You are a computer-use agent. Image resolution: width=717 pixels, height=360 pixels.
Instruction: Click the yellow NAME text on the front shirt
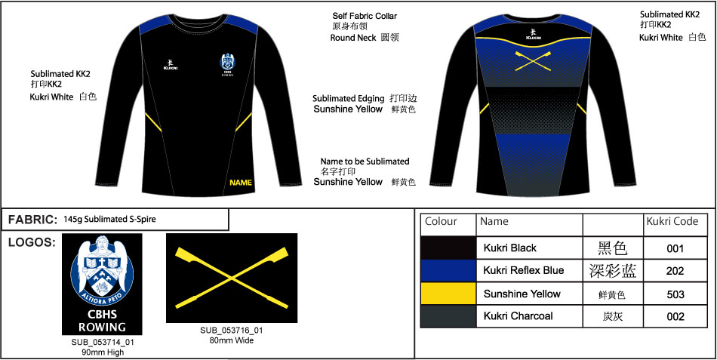[x=241, y=183]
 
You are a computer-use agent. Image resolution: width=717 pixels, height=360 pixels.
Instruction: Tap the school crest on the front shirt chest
[x=228, y=64]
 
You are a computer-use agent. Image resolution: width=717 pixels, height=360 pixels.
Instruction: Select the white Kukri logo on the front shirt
[x=170, y=64]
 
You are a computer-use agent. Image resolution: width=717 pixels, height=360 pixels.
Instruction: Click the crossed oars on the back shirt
[x=533, y=61]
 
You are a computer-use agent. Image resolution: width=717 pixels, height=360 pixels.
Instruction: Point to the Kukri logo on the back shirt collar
[x=533, y=33]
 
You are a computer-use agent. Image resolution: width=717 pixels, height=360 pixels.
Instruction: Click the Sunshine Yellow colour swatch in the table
[x=448, y=294]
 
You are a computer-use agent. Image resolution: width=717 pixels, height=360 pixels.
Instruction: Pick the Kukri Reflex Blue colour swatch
[x=448, y=271]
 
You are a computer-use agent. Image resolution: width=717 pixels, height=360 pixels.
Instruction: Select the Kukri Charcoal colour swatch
[x=448, y=316]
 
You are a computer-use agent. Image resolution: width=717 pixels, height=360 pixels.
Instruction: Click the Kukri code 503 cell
[x=675, y=294]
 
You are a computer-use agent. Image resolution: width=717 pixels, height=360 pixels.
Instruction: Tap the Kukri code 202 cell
[x=675, y=271]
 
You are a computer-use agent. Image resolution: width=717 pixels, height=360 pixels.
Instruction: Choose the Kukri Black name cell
[x=530, y=248]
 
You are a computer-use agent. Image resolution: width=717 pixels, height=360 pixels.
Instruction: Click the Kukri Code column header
[x=672, y=221]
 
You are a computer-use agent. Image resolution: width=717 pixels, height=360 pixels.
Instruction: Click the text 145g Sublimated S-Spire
[x=109, y=219]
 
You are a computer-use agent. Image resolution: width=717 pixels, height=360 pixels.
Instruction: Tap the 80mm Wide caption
[x=232, y=340]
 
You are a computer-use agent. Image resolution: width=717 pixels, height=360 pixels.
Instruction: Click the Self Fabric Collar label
[x=365, y=16]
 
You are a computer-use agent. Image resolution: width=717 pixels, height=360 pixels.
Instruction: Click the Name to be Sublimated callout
[x=365, y=162]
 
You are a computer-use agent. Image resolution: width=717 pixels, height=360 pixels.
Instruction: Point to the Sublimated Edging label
[x=349, y=98]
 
